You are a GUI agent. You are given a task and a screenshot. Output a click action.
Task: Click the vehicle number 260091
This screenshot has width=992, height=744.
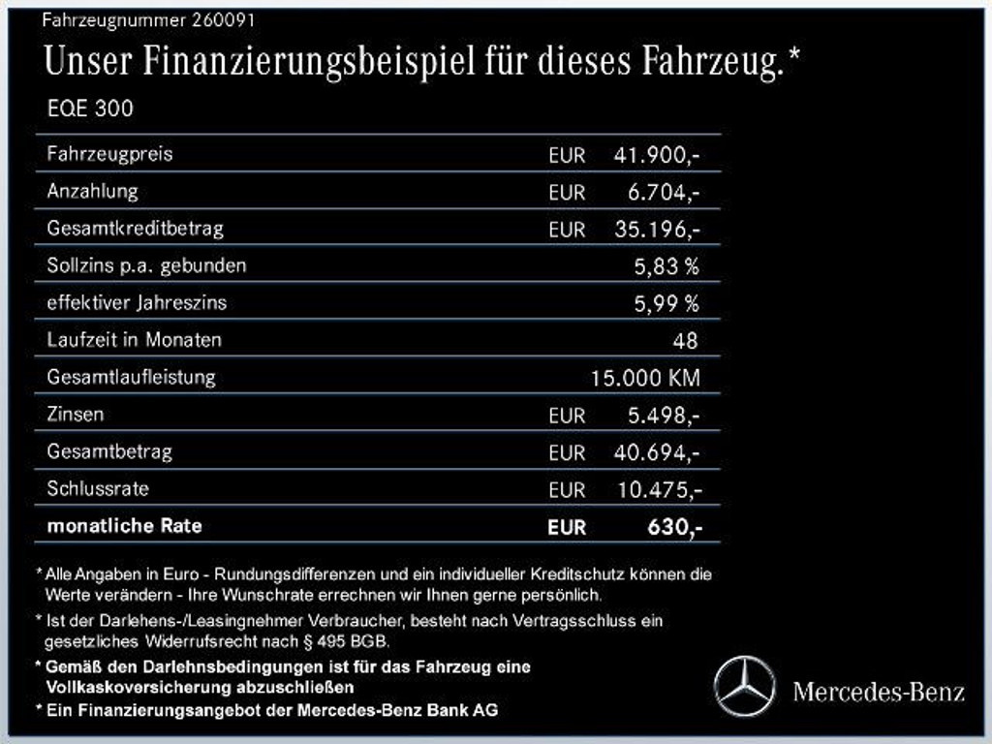(225, 19)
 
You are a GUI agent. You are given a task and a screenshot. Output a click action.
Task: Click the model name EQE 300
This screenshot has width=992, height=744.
(90, 108)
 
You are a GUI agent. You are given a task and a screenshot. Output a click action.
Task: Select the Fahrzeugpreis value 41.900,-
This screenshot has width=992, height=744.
(657, 155)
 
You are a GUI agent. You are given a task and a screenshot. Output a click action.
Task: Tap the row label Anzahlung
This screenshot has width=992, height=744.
(92, 191)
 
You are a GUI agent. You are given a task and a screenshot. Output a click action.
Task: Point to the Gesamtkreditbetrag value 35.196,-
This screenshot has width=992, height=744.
(657, 230)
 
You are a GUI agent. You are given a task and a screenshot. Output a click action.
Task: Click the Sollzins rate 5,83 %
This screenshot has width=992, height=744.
(666, 266)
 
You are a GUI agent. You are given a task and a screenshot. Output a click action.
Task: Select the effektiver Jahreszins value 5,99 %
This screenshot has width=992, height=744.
(666, 303)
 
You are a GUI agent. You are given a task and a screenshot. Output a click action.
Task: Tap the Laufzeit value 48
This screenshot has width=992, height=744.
(684, 340)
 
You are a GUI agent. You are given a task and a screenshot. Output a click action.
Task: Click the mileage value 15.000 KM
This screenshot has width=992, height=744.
(645, 378)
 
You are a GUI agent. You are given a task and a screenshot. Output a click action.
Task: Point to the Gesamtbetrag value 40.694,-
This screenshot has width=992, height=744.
(657, 452)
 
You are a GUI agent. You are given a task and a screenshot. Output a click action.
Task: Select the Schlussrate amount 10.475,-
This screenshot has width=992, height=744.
(659, 489)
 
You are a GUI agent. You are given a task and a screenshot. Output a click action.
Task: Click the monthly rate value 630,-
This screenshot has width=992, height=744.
(671, 527)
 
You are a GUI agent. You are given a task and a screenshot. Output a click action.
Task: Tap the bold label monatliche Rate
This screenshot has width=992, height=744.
(124, 526)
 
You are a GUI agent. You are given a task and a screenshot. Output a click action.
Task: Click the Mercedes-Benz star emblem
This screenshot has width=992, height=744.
(744, 686)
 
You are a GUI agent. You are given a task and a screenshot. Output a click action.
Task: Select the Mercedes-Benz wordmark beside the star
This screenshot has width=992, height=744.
(879, 691)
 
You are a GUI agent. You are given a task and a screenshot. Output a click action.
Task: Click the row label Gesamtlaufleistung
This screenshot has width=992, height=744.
(131, 377)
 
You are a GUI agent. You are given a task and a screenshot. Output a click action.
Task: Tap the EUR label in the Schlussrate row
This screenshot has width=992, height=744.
(567, 490)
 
